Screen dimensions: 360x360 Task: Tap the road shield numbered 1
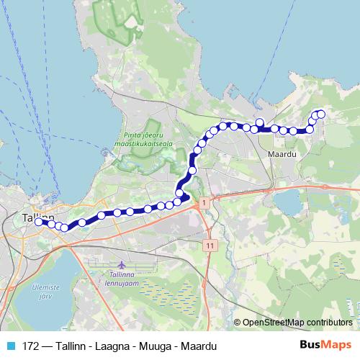click(x=204, y=204)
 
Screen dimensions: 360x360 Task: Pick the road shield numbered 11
click(x=210, y=246)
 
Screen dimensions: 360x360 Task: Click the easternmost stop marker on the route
click(x=320, y=114)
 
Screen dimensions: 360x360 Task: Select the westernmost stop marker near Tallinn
click(x=39, y=222)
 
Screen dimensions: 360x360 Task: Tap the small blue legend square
click(x=11, y=345)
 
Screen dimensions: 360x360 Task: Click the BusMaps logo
click(x=325, y=345)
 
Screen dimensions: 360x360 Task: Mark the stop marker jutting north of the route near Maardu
click(x=260, y=122)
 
